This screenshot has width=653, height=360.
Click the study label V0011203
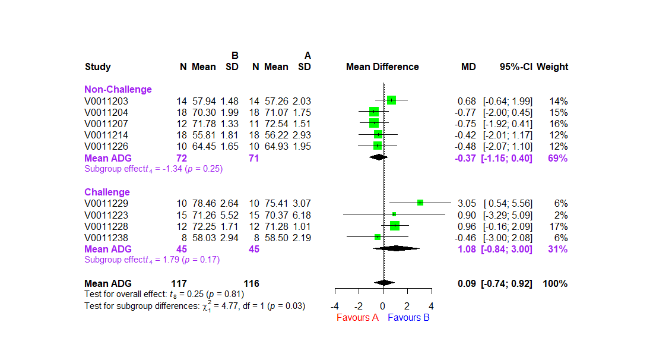click(106, 101)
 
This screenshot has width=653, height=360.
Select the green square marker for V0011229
click(420, 203)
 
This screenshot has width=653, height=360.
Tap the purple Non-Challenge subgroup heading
click(118, 90)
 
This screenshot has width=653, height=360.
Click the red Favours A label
click(357, 317)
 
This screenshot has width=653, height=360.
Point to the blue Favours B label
click(408, 317)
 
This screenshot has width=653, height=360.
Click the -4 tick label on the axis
click(335, 306)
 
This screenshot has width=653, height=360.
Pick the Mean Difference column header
click(382, 67)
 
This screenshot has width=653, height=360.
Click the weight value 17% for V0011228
click(559, 226)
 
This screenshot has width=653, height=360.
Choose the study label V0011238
click(106, 238)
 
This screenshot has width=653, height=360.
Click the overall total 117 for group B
click(179, 283)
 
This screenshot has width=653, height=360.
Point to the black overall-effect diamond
click(384, 283)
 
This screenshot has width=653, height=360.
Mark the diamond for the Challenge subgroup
click(395, 248)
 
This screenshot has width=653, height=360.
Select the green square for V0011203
click(391, 100)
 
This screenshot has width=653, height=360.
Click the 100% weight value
click(554, 283)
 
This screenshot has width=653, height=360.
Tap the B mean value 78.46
click(204, 203)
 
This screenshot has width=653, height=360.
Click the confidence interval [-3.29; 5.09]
click(508, 215)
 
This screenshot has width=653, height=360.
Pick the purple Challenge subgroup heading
click(107, 192)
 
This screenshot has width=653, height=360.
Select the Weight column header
click(552, 67)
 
